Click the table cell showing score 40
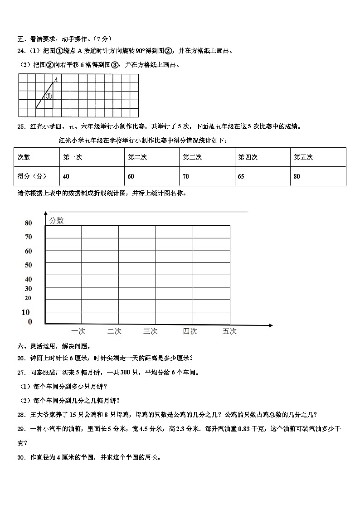[x=67, y=176]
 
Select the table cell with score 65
[x=241, y=176]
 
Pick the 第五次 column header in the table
[x=303, y=157]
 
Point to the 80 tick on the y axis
[x=29, y=223]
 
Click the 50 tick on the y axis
[x=29, y=265]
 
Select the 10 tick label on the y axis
[x=25, y=312]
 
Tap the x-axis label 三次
[x=150, y=331]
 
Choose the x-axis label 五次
[x=229, y=331]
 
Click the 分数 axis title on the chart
[x=57, y=220]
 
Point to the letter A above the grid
[x=56, y=80]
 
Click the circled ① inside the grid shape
[x=49, y=96]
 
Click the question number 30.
[x=21, y=458]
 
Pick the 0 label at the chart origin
[x=30, y=322]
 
